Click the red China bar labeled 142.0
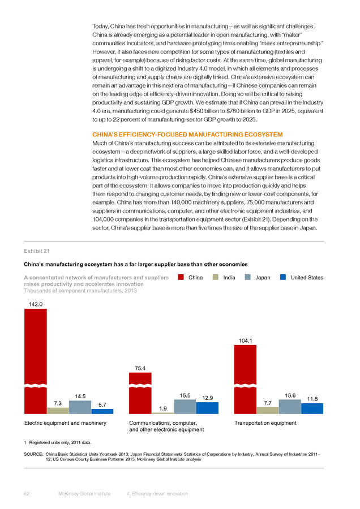(x=36, y=361)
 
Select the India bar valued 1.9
(x=163, y=413)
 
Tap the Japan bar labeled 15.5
(x=185, y=407)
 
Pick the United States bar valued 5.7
(x=102, y=411)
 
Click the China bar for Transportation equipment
(x=245, y=379)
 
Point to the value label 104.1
(x=245, y=340)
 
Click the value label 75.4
(x=140, y=368)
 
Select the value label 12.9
(x=207, y=398)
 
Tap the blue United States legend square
(x=283, y=277)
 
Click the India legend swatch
(x=216, y=277)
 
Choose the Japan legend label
(x=263, y=278)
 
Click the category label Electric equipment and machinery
(x=65, y=423)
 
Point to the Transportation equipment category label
(x=265, y=423)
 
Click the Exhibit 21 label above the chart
(x=37, y=251)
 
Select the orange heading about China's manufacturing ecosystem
(x=187, y=135)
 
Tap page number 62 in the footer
(x=27, y=493)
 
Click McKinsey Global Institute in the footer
(x=84, y=493)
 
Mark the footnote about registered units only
(x=58, y=442)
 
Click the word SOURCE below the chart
(x=33, y=454)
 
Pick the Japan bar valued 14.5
(x=80, y=407)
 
